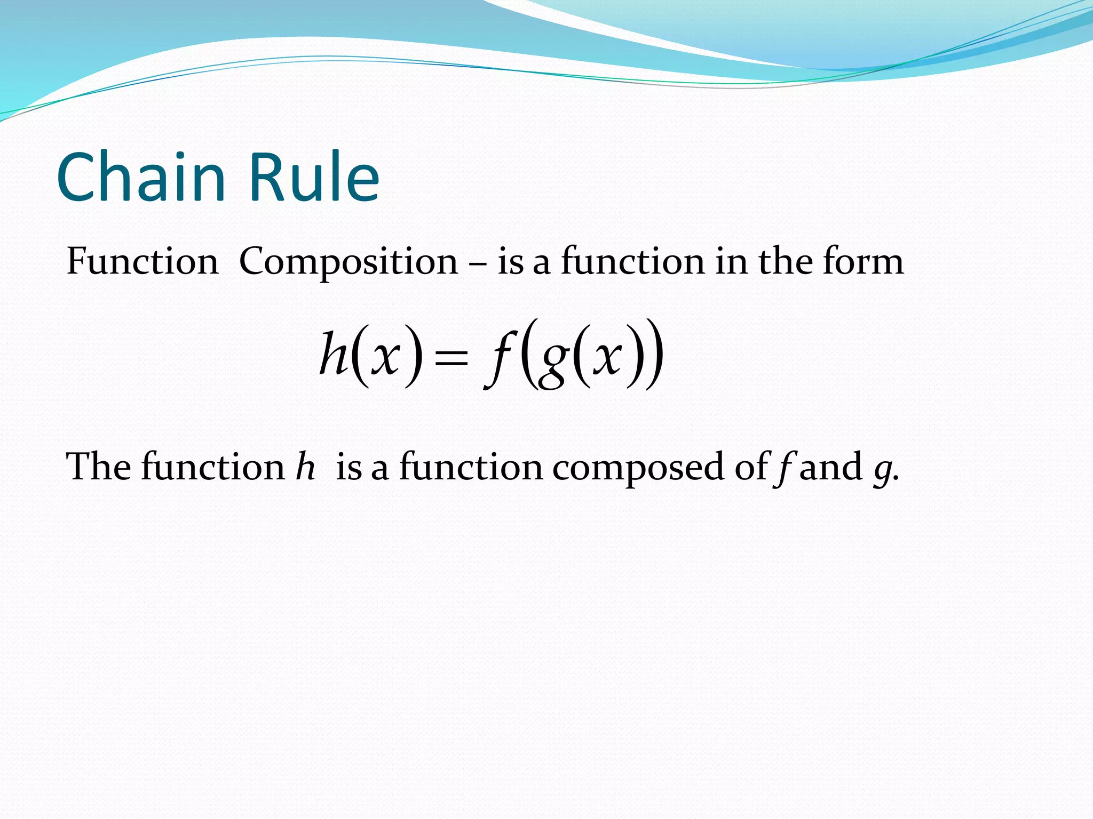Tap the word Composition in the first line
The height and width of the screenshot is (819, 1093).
(348, 262)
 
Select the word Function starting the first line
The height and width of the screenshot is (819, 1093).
(142, 262)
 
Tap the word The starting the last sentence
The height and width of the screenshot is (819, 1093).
(98, 467)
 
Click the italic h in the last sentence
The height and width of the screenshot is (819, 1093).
(306, 467)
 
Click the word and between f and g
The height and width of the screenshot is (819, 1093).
(830, 467)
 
